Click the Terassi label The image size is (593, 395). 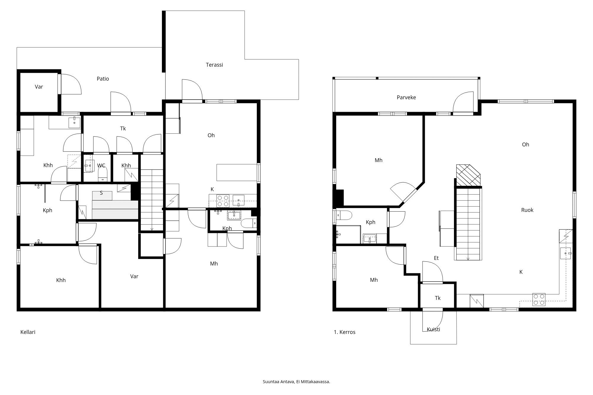[214, 65]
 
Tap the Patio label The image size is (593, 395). [103, 79]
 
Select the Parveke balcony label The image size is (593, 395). [406, 97]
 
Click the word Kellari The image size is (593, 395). [28, 332]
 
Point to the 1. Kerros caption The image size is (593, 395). [345, 332]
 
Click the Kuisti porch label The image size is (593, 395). [433, 329]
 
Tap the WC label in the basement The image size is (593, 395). [101, 165]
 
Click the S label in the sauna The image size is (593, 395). [101, 193]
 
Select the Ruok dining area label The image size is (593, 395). [527, 210]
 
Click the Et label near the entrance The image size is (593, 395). [436, 258]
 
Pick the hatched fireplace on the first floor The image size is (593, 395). [468, 175]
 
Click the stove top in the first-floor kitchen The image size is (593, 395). [539, 299]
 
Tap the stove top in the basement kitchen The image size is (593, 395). [223, 201]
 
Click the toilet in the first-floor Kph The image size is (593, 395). [345, 215]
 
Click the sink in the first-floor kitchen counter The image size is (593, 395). [565, 253]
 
